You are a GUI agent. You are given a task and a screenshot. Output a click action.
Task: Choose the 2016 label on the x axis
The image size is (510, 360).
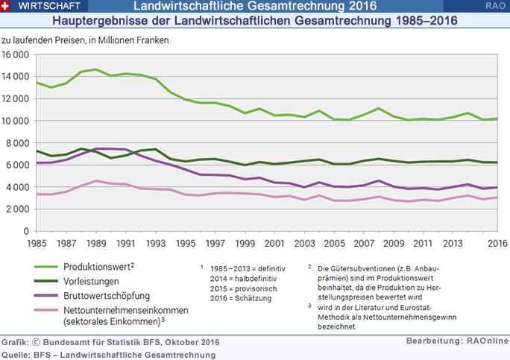498,243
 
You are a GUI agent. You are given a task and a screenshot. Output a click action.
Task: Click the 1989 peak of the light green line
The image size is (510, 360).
97,69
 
